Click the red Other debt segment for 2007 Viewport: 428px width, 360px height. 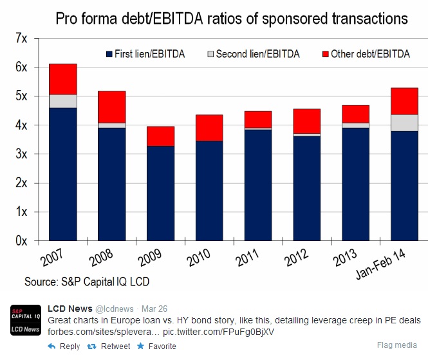[63, 79]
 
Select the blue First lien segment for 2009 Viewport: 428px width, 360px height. [160, 193]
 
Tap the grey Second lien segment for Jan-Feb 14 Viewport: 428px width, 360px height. [404, 123]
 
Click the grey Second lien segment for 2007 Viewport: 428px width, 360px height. [63, 101]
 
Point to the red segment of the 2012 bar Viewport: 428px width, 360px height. [306, 121]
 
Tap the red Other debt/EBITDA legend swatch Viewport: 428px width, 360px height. [324, 54]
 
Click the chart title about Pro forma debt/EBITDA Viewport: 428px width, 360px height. [232, 18]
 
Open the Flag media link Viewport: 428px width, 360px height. [399, 345]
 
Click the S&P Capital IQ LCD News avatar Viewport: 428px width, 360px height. [26, 320]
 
